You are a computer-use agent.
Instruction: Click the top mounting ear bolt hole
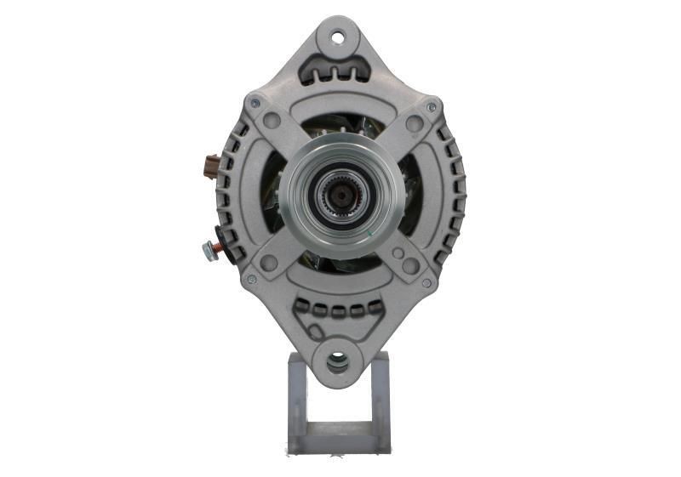pyautogui.click(x=338, y=37)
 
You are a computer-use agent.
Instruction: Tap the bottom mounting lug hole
pyautogui.click(x=338, y=364)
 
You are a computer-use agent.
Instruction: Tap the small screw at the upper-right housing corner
pyautogui.click(x=431, y=108)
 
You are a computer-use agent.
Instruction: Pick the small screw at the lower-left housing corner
pyautogui.click(x=251, y=279)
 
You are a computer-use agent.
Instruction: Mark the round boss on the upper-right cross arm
pyautogui.click(x=414, y=124)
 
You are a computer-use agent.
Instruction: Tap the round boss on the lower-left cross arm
pyautogui.click(x=270, y=263)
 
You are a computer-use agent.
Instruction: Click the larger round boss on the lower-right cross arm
pyautogui.click(x=409, y=265)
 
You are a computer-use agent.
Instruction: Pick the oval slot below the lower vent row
pyautogui.click(x=338, y=327)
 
